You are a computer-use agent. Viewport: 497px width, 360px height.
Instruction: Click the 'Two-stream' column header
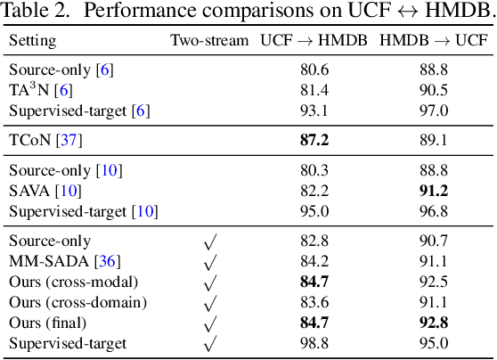tap(209, 41)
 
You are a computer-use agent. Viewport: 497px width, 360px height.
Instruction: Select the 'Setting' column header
tap(32, 41)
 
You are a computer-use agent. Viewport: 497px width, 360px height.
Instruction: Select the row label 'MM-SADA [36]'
tap(52, 261)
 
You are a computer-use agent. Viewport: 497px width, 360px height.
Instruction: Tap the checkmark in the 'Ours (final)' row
tap(210, 323)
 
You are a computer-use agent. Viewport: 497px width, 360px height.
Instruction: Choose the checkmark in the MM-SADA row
tap(210, 262)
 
